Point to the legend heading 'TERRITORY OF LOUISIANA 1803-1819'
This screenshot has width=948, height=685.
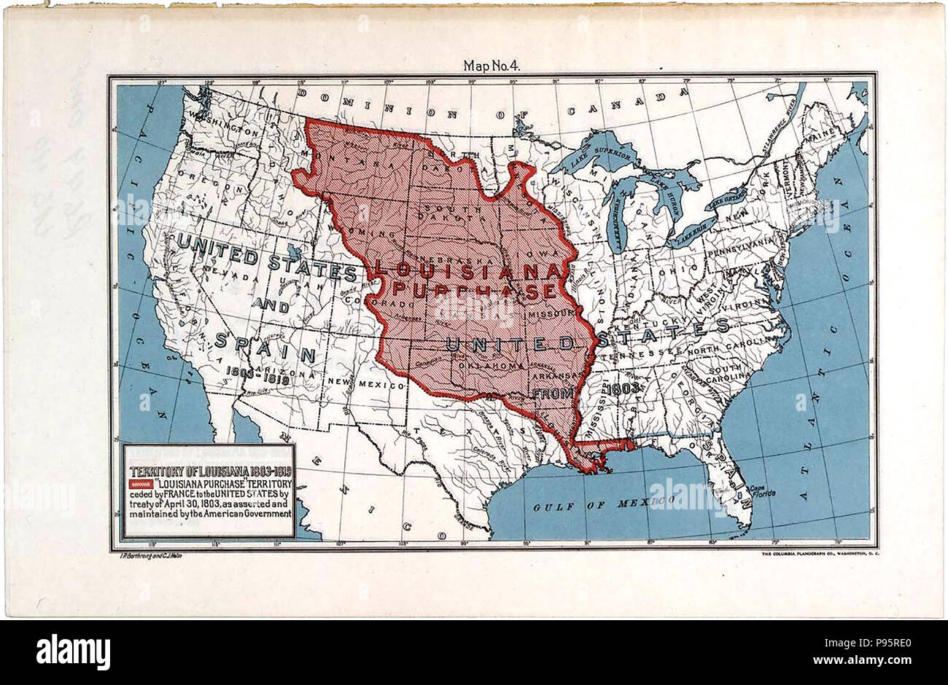tap(209, 469)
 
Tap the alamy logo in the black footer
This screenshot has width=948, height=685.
tap(74, 651)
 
